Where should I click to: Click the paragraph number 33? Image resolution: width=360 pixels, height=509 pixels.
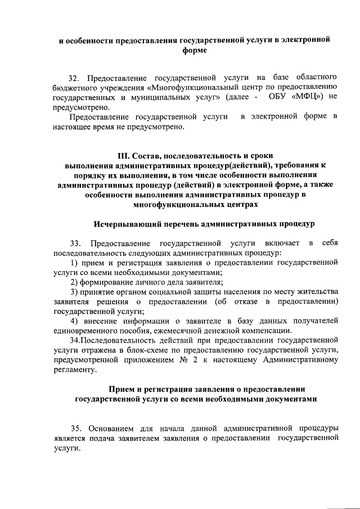[x=74, y=243]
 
